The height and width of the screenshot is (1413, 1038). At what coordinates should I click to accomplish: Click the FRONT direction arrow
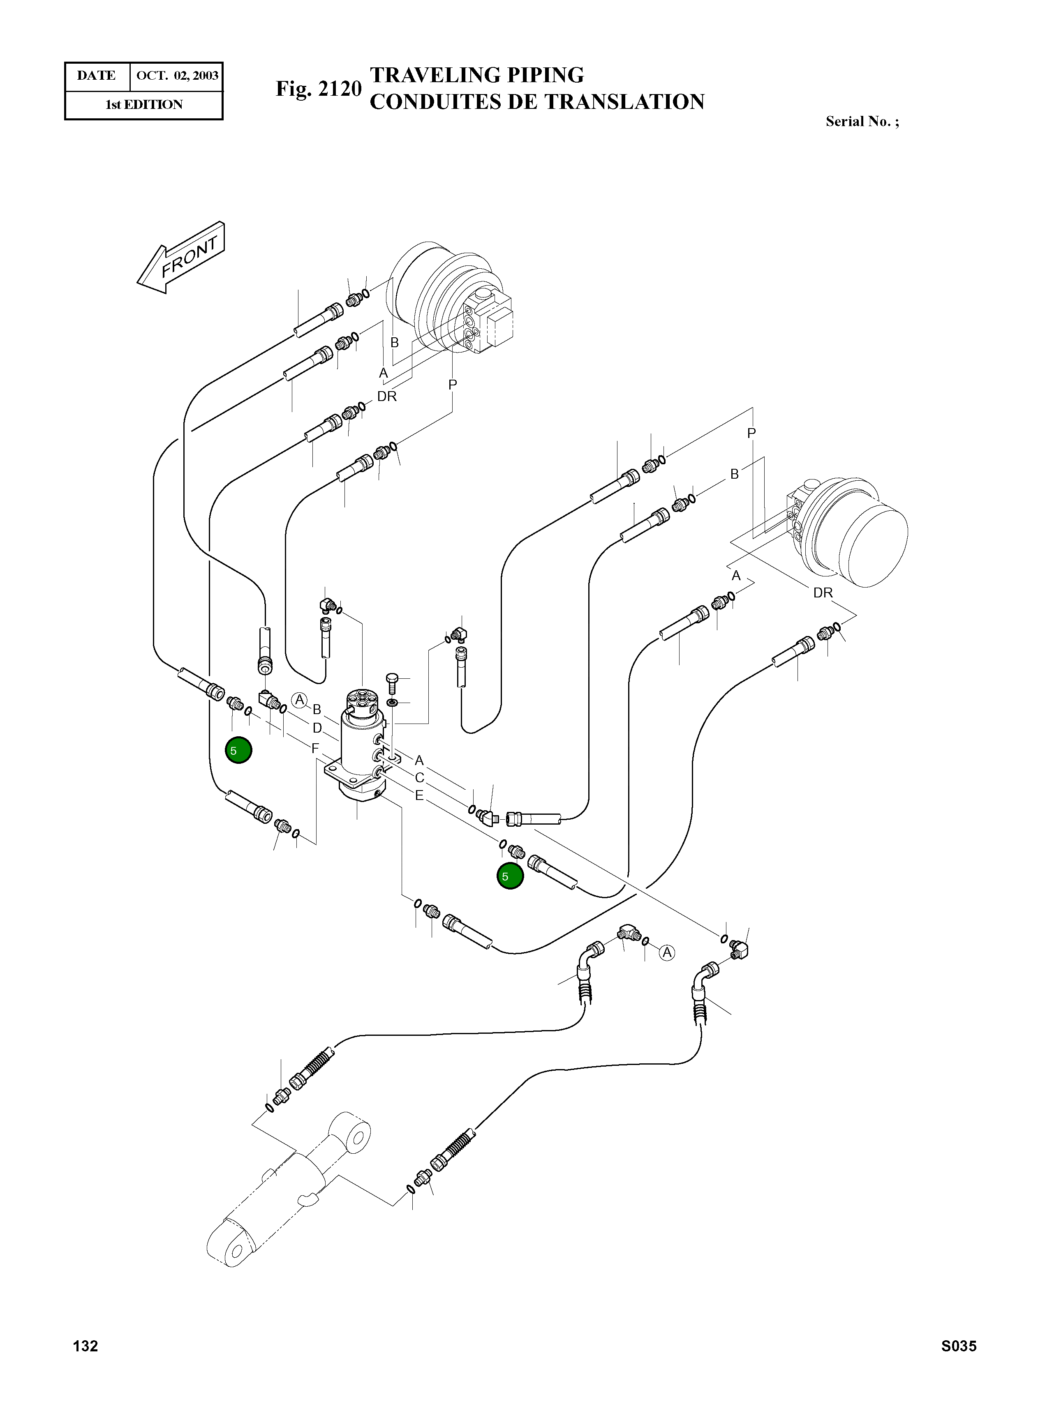181,258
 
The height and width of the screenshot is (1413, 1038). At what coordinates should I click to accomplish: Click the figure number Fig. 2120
319,89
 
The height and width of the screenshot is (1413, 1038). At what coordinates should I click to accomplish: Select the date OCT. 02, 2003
177,76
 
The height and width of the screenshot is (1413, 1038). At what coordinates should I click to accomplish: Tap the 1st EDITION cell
144,105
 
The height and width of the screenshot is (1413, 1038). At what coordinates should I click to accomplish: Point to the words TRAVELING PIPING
477,75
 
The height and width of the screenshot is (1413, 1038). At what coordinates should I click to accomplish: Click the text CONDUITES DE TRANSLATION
537,102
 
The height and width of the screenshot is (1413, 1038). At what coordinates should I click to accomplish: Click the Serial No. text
862,122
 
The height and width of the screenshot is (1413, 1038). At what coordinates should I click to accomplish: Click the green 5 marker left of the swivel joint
239,750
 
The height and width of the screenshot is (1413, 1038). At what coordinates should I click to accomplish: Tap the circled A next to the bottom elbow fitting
667,953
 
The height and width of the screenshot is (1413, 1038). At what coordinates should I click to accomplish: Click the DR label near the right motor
823,593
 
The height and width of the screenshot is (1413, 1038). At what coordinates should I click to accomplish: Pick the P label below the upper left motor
452,384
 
